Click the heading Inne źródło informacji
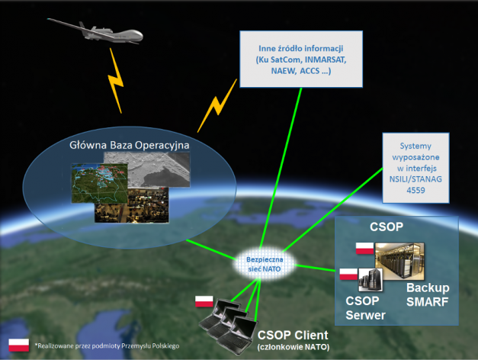coord(294,47)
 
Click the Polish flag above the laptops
coord(204,300)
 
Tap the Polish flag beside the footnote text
coord(18,344)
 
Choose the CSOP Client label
coord(293,335)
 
